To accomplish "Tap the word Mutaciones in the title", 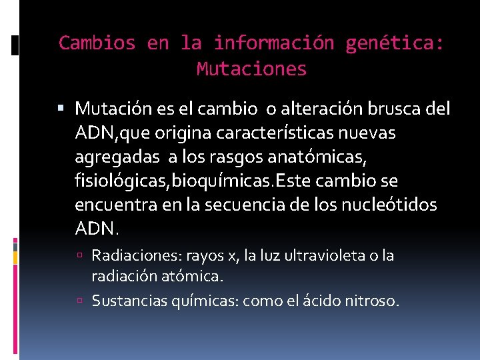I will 252,68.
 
